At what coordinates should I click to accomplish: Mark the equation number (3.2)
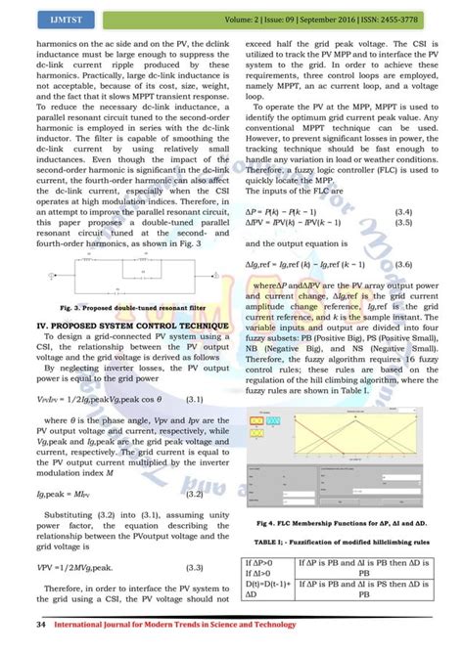pyautogui.click(x=195, y=496)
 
